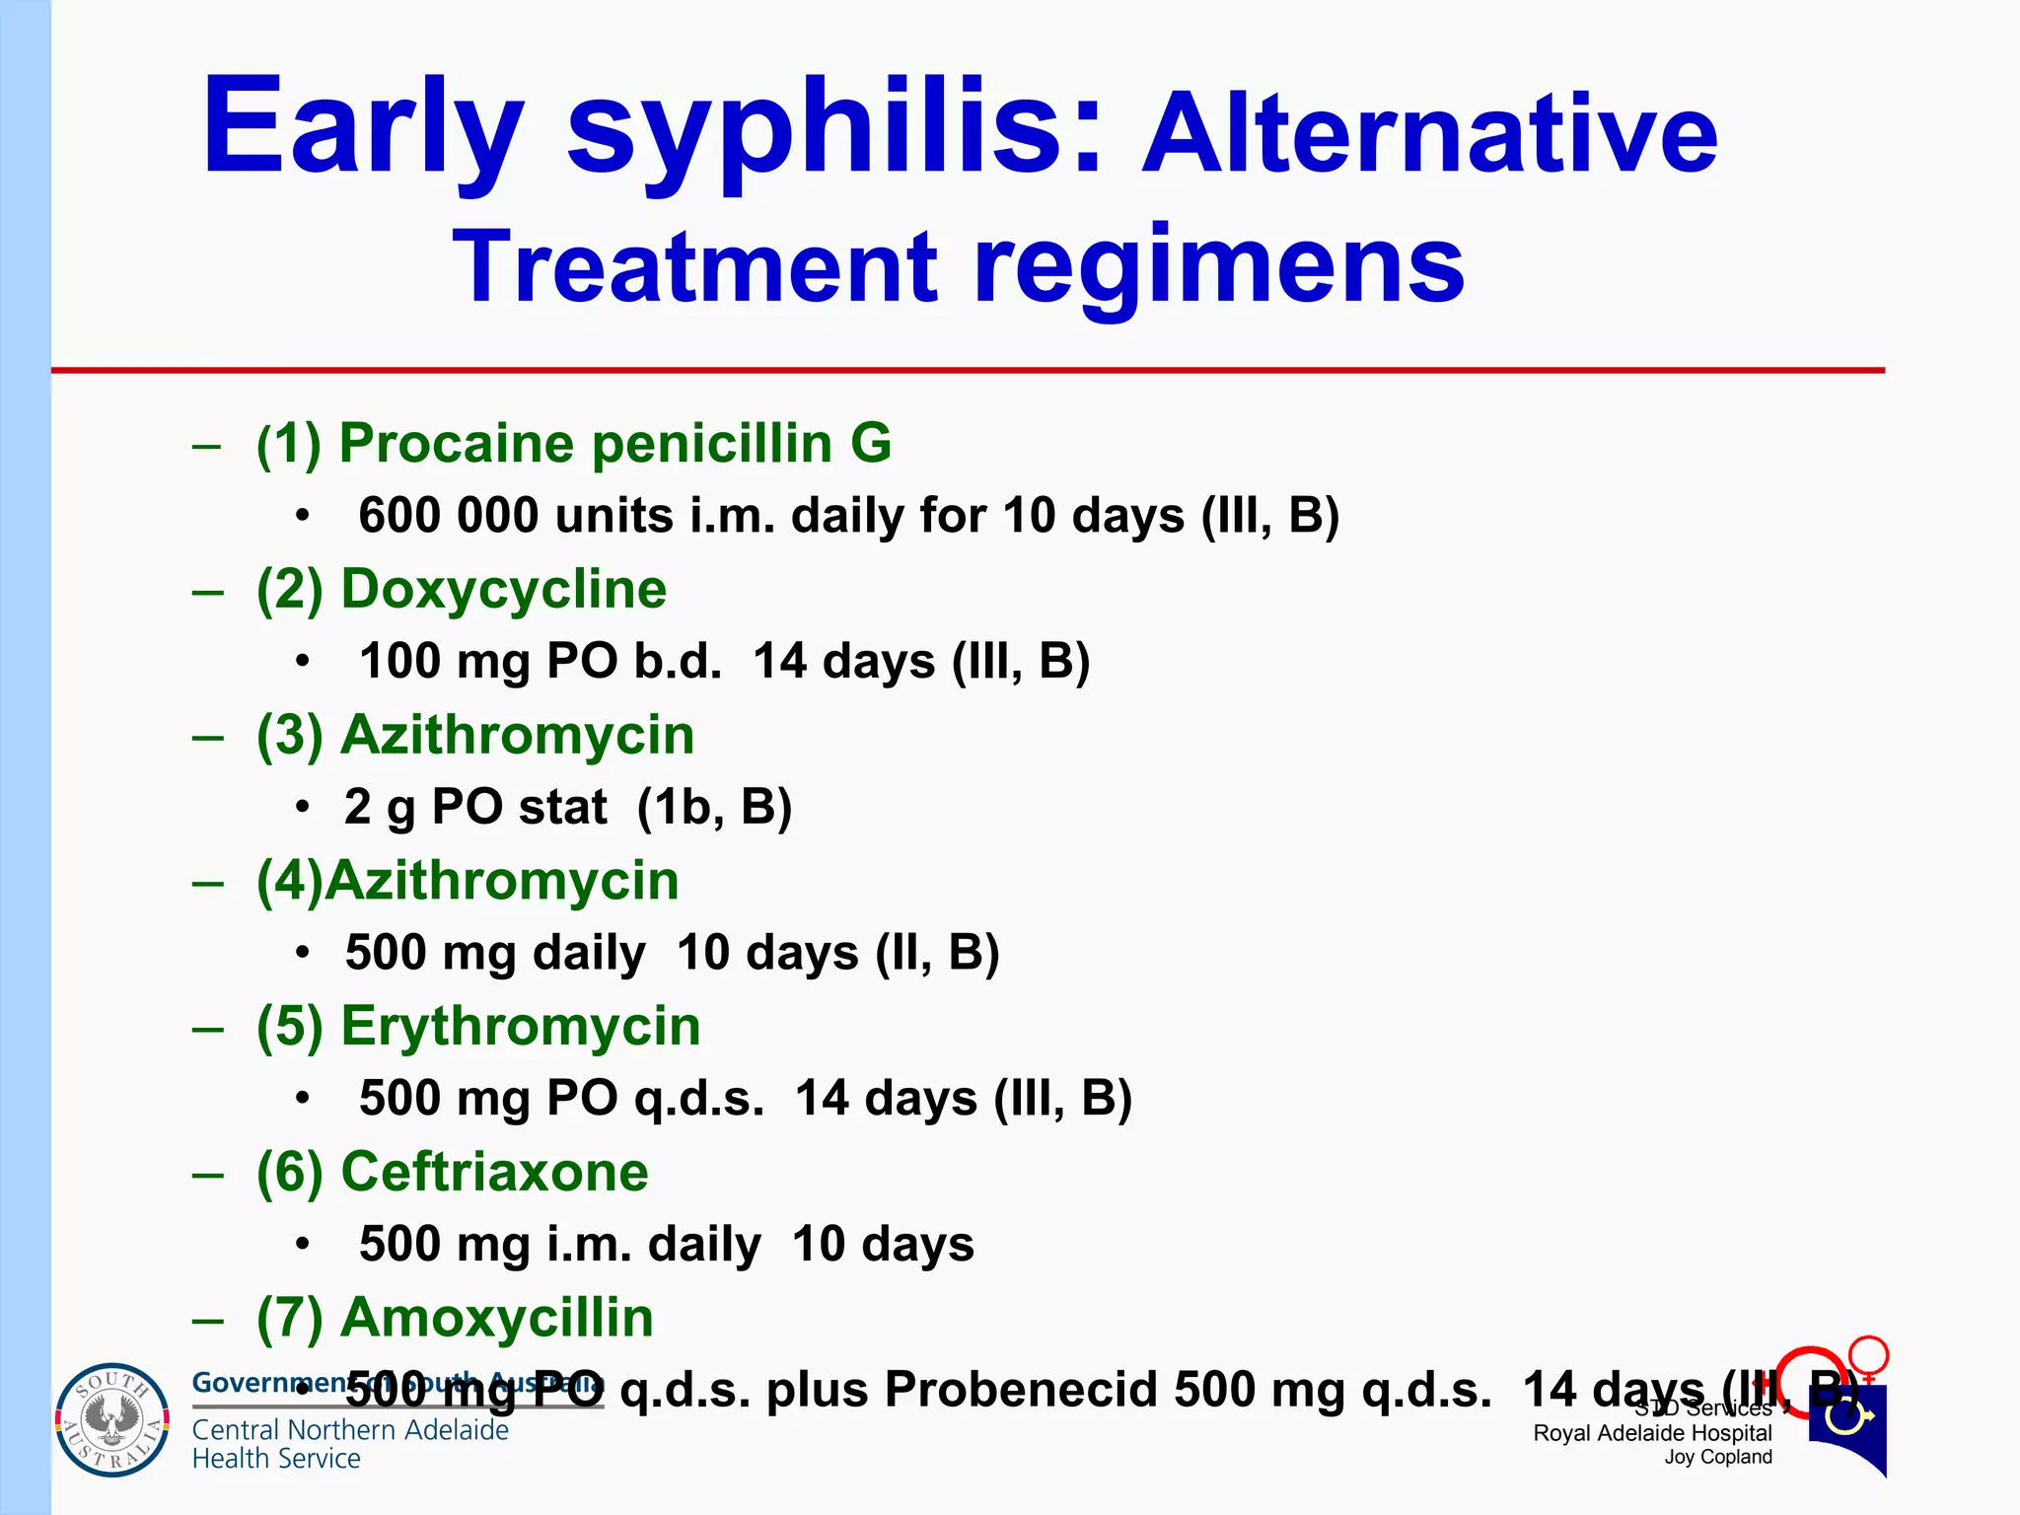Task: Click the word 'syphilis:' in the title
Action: pyautogui.click(x=833, y=128)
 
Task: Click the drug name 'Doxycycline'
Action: pyautogui.click(x=503, y=589)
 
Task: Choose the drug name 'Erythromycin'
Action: pyautogui.click(x=520, y=1026)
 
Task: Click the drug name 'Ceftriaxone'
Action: pyautogui.click(x=494, y=1172)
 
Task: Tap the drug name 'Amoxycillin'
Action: pyautogui.click(x=496, y=1318)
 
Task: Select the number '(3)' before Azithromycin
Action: pyautogui.click(x=290, y=735)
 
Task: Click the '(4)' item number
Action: pyautogui.click(x=290, y=881)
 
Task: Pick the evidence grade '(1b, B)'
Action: pyautogui.click(x=714, y=807)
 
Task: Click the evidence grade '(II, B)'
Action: pyautogui.click(x=937, y=953)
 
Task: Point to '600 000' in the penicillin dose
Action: pyautogui.click(x=448, y=515)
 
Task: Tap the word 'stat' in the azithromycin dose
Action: pyautogui.click(x=562, y=807)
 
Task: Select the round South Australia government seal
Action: pyautogui.click(x=111, y=1419)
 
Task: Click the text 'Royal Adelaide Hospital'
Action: pyautogui.click(x=1652, y=1433)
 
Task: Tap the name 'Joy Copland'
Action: pyautogui.click(x=1717, y=1458)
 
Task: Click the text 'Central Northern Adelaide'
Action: pyautogui.click(x=350, y=1430)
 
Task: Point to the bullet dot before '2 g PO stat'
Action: pyautogui.click(x=303, y=808)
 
